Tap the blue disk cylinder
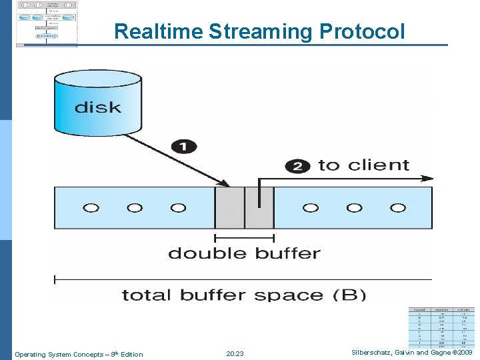point(97,104)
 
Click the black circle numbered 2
point(297,166)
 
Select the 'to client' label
point(363,165)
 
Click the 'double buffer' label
point(244,253)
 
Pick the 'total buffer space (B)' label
point(244,294)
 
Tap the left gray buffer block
point(229,208)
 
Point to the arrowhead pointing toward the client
point(428,179)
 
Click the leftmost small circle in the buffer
point(91,208)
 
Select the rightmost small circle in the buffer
point(398,208)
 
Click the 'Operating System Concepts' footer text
point(79,354)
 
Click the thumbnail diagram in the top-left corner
point(47,23)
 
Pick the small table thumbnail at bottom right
point(442,327)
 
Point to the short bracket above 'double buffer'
point(244,237)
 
